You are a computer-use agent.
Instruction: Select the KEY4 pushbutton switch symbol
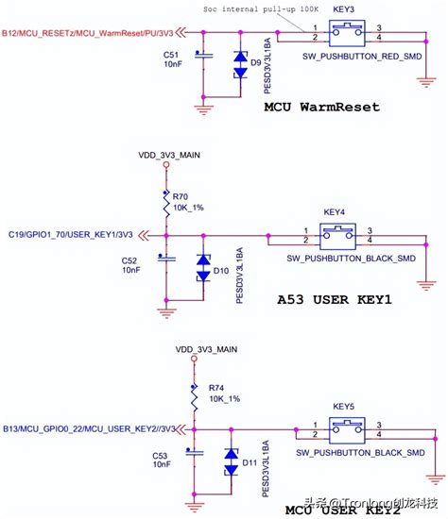pyautogui.click(x=336, y=233)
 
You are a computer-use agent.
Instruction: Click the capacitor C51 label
pyautogui.click(x=173, y=54)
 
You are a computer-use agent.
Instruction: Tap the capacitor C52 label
pyautogui.click(x=130, y=259)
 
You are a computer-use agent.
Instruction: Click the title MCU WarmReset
pyautogui.click(x=321, y=107)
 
